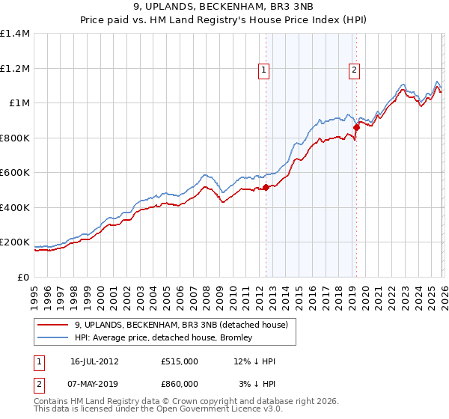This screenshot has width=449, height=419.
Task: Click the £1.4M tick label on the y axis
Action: [15, 34]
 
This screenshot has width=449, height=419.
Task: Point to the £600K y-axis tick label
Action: [15, 173]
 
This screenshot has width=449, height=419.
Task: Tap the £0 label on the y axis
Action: [22, 278]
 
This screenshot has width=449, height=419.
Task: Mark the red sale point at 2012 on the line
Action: [266, 188]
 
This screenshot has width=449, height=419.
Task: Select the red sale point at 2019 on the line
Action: [356, 128]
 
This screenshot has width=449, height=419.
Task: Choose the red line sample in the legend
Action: [54, 325]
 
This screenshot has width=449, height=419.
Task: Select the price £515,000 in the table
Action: [180, 361]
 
